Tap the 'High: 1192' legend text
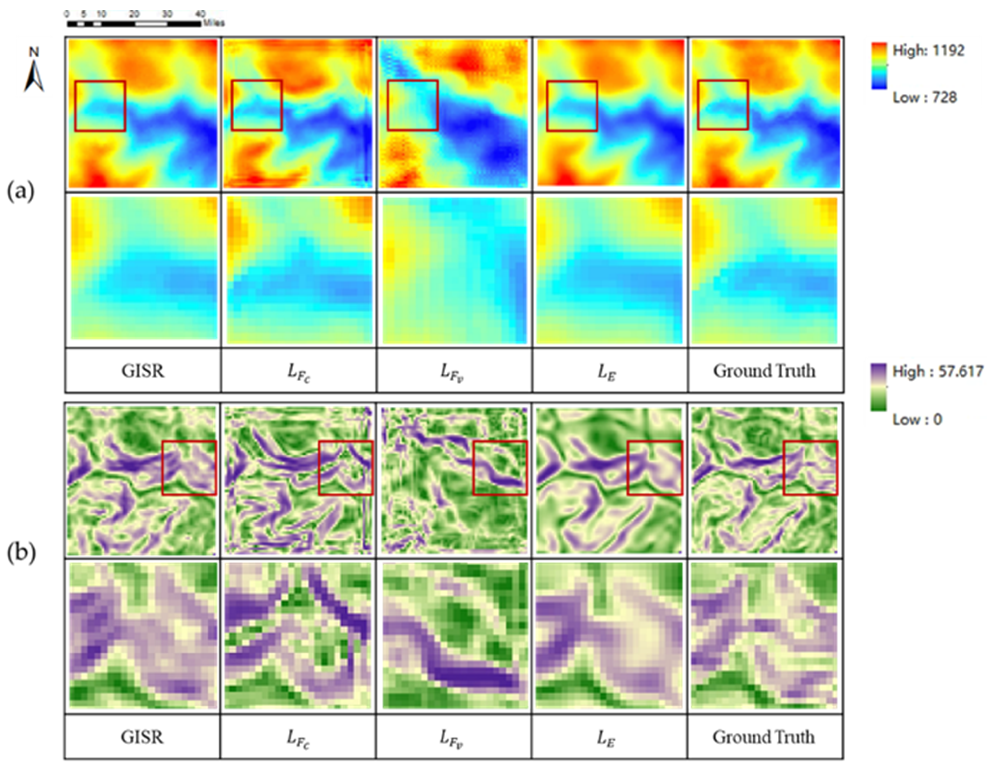click(928, 50)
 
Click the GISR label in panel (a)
click(143, 371)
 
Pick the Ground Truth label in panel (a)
click(765, 371)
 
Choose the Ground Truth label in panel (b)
click(764, 737)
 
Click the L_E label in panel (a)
click(606, 372)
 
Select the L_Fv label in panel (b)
click(451, 738)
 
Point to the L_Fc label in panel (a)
click(298, 372)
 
